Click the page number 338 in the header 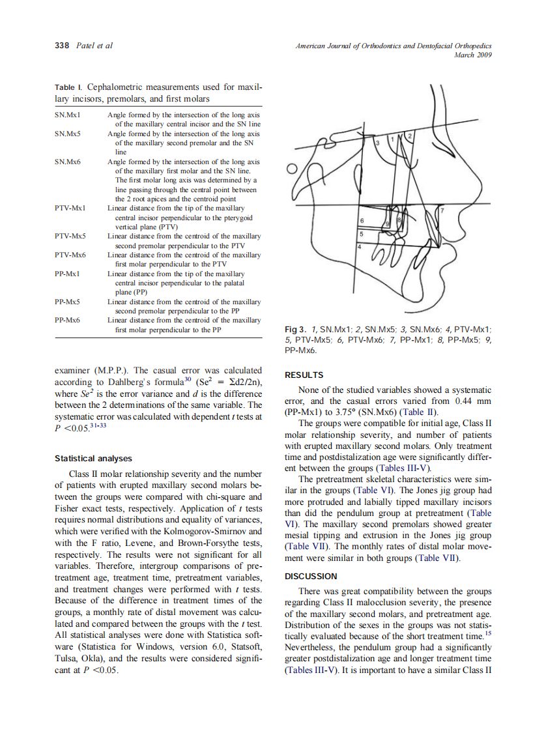coord(61,46)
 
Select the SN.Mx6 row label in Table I coord(67,162)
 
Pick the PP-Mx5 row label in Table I coord(68,302)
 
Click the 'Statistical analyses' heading coord(93,459)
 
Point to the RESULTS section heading coord(304,375)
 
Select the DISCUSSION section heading coord(311,576)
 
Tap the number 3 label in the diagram coord(377,141)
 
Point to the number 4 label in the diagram coord(358,246)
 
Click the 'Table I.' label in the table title coord(68,87)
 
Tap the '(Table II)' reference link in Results coord(420,412)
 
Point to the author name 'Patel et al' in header coord(95,46)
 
